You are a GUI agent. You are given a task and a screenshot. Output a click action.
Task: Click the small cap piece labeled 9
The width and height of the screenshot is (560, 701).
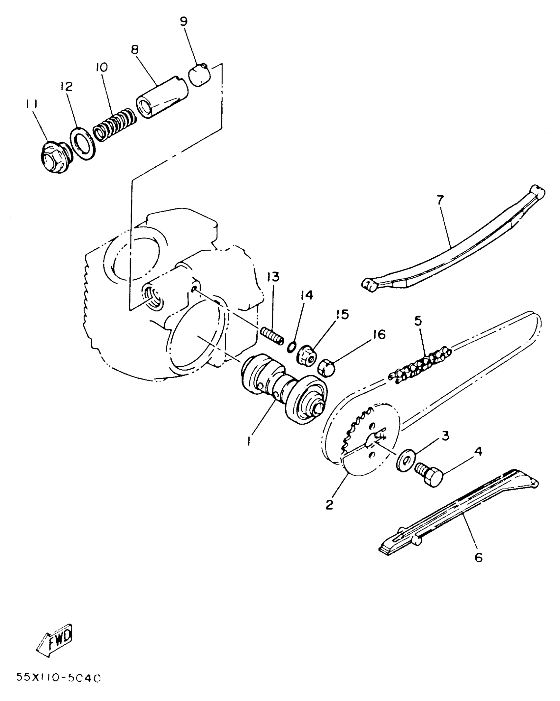click(200, 75)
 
